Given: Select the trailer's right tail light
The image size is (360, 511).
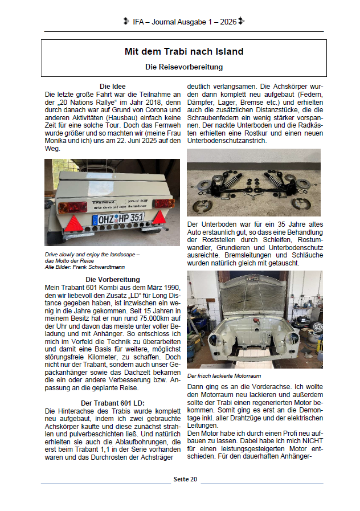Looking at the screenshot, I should (163, 203).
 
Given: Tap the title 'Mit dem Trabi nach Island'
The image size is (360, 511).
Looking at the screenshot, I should (183, 51).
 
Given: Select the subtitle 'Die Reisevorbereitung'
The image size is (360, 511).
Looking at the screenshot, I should (183, 67).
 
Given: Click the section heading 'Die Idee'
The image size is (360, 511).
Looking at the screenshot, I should (112, 87).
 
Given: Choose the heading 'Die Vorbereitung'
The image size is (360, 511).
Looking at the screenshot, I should (112, 280).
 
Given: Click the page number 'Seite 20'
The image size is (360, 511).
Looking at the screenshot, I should (185, 479).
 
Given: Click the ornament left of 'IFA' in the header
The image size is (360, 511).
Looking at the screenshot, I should (126, 22).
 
